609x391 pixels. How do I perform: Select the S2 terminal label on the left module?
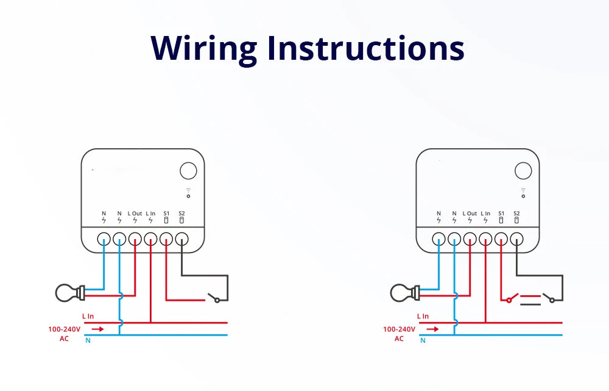tap(181, 213)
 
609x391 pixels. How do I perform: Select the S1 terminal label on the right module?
tap(501, 213)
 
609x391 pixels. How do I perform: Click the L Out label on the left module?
tap(135, 213)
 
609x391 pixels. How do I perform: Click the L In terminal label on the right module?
tap(485, 213)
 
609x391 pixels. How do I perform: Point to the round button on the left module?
tap(188, 170)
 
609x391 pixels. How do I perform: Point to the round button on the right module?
tap(523, 170)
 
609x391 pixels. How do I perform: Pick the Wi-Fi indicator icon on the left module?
tap(188, 193)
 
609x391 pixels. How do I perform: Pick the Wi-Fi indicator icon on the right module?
tap(523, 193)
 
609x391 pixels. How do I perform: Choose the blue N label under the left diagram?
tap(88, 340)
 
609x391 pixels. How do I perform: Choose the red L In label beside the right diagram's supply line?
tap(423, 316)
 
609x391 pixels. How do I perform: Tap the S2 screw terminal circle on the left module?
tap(181, 239)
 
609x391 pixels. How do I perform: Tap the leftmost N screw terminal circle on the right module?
tap(438, 239)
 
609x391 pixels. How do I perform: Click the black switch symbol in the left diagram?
tap(213, 298)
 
